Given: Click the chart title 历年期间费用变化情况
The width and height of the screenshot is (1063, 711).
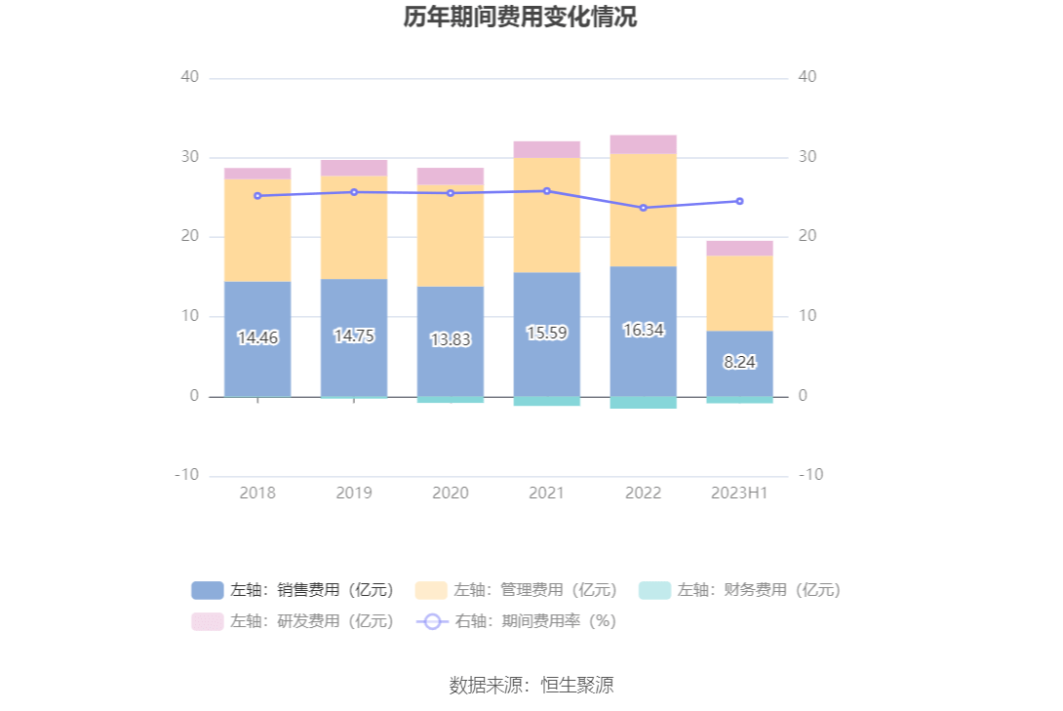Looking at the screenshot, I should point(520,18).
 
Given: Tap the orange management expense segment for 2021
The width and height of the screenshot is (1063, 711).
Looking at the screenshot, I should point(546,215).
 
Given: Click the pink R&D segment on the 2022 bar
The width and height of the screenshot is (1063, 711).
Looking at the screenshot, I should point(643,144).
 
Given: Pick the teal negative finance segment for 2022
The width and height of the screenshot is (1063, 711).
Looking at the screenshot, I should point(643,403).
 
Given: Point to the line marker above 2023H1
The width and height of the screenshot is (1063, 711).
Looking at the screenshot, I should point(739,201).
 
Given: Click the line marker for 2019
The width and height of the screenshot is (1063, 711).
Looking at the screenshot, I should point(354,192).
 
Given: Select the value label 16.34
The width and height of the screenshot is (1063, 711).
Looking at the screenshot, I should point(643,330).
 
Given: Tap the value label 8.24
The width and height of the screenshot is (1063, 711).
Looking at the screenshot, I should point(739,362).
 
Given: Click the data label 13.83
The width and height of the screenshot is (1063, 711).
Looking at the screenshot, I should point(450,339).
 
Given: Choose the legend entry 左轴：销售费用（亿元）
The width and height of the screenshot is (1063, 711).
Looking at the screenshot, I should point(294,590).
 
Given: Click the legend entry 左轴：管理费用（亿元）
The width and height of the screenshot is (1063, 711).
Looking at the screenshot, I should point(517,590).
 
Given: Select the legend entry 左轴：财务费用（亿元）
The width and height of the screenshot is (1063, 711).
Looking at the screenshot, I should point(740,590).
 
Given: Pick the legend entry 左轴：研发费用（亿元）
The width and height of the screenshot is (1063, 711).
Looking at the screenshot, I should point(294,620).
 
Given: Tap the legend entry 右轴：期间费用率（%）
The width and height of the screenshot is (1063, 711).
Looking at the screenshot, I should point(517,620).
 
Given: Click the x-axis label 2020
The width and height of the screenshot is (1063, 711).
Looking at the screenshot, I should point(450,494).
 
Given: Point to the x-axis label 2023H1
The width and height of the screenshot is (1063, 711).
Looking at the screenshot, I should point(739,494).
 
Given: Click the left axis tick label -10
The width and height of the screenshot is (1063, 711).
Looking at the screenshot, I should point(186,475).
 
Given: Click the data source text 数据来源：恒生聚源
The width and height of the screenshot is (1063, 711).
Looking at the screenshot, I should point(531,685).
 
